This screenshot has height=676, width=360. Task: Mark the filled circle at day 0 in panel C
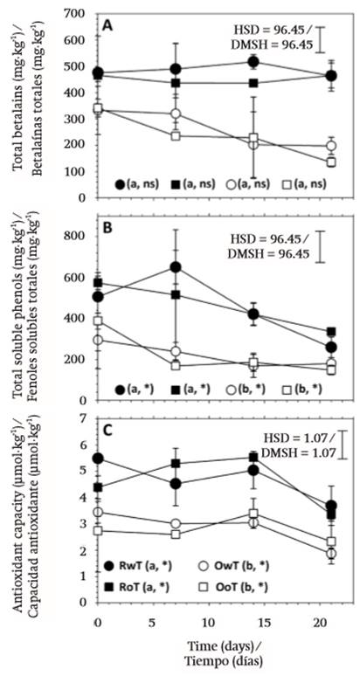(x=98, y=459)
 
